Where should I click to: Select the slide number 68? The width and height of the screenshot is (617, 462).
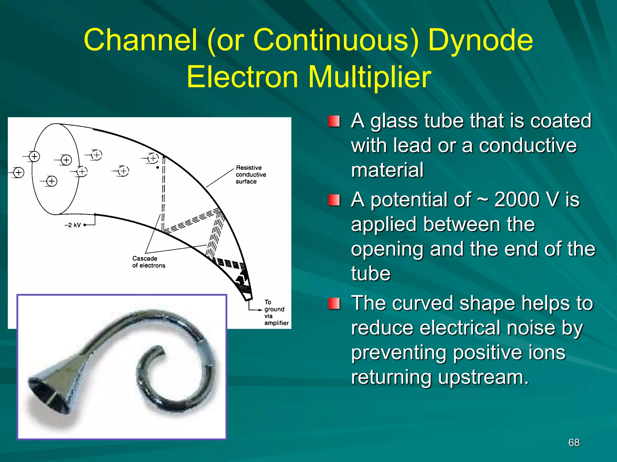tap(574, 442)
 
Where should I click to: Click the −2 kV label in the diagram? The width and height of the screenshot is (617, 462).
tap(73, 225)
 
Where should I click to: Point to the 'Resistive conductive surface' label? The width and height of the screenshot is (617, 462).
tap(251, 174)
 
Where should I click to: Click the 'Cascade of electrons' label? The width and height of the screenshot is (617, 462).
tap(149, 262)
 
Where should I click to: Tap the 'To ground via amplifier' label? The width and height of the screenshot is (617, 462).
tap(276, 313)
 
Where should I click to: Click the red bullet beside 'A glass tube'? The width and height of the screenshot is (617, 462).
tap(334, 121)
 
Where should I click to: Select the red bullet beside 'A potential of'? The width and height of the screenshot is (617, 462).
tap(334, 200)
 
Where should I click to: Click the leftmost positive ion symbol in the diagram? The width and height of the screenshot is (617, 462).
tap(19, 172)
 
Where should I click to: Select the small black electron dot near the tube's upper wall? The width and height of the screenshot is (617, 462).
tap(158, 168)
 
